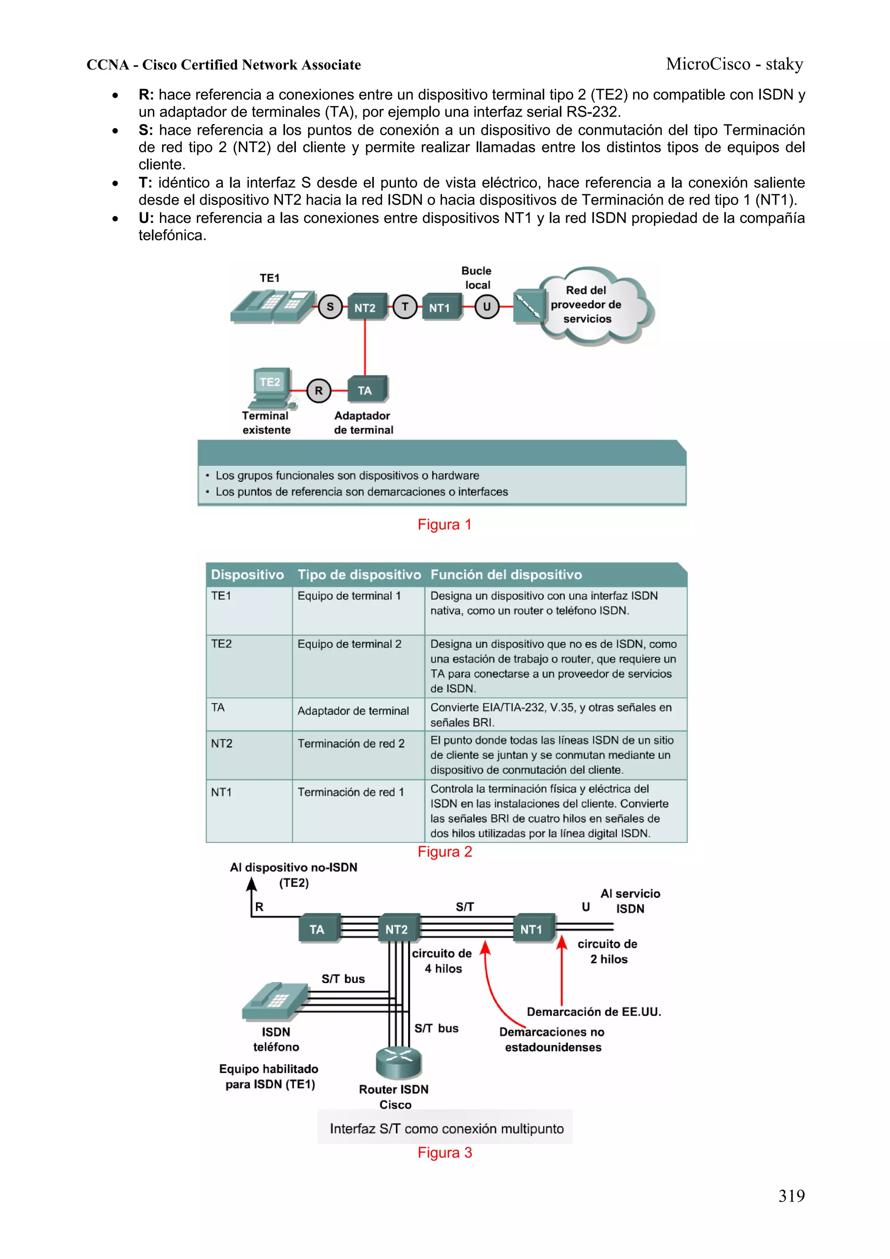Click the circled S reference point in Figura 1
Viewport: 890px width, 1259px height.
(330, 307)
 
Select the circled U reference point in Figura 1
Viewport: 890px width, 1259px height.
(486, 307)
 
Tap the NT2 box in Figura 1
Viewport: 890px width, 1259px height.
(365, 308)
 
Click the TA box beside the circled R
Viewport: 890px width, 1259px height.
(366, 390)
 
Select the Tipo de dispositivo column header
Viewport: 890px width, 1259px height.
(359, 575)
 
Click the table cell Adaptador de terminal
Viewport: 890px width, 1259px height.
(353, 711)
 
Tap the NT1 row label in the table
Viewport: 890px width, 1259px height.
(222, 792)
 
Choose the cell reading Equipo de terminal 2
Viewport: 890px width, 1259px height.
(349, 644)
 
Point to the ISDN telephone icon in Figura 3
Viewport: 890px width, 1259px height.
(276, 1001)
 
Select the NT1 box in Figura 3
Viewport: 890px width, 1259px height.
(531, 929)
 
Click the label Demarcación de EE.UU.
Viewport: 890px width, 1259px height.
(594, 1012)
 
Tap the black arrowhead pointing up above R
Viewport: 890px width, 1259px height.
(252, 884)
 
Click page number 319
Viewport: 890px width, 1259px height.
(791, 1196)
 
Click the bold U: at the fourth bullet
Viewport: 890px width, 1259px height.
(146, 218)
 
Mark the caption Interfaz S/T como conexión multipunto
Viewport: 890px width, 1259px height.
(446, 1129)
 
